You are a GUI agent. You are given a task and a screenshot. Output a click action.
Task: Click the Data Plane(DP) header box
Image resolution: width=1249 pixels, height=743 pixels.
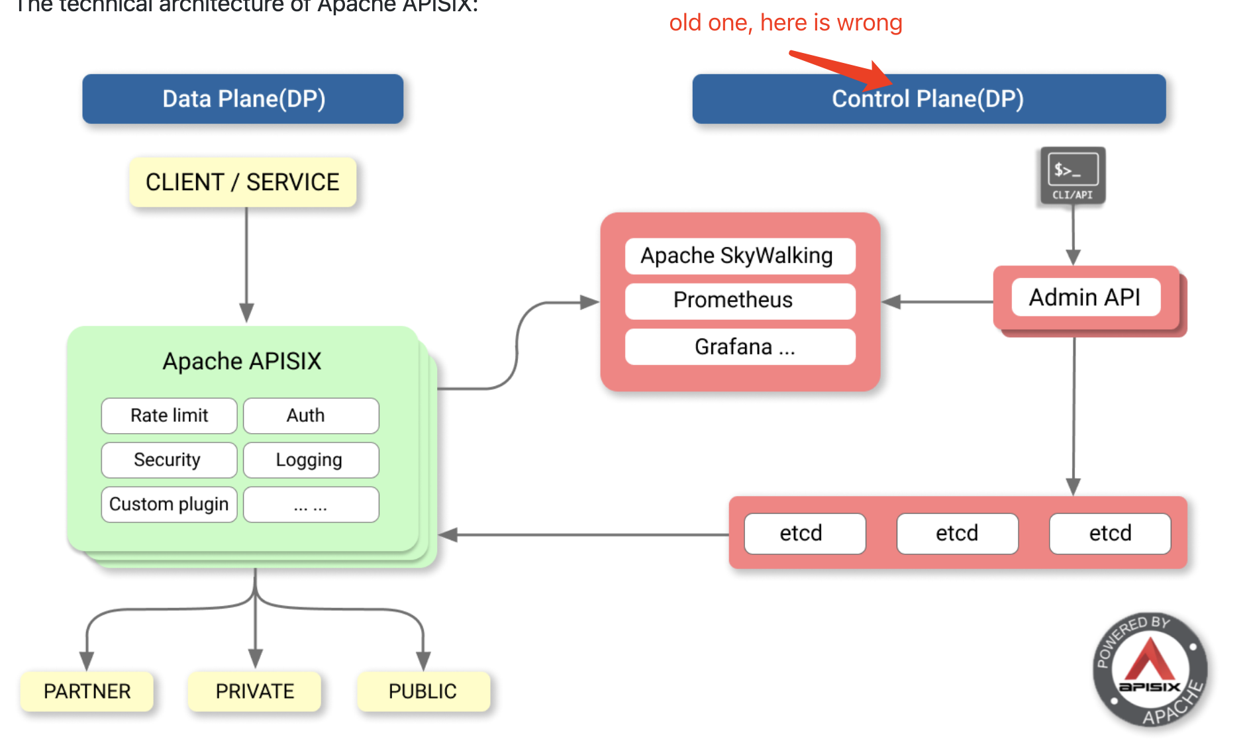click(242, 99)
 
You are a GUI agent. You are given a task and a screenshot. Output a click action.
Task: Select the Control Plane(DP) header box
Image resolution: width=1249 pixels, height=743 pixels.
click(928, 99)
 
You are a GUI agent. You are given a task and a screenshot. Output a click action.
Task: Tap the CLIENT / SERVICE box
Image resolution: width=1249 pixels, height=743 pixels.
click(242, 182)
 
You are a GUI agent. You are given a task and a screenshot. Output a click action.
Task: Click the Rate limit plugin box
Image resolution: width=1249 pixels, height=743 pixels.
click(169, 415)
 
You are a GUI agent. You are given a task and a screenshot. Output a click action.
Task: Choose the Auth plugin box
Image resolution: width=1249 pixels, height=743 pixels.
click(311, 415)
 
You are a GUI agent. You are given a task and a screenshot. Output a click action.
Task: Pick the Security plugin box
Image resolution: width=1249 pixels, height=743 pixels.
click(169, 460)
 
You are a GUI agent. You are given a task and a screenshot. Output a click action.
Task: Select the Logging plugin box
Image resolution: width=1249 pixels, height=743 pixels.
click(311, 460)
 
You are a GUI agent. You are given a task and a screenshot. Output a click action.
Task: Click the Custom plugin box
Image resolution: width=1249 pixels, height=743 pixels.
click(169, 504)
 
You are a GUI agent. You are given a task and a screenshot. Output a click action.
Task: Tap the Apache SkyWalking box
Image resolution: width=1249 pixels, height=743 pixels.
click(740, 256)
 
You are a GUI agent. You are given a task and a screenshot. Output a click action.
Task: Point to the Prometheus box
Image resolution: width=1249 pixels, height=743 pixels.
click(740, 300)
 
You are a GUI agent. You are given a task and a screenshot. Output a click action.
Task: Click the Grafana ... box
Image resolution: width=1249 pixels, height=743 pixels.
click(740, 346)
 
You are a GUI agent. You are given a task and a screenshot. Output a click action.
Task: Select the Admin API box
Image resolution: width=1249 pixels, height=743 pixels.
click(1085, 297)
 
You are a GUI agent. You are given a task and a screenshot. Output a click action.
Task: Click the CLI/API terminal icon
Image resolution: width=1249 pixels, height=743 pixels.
click(1072, 175)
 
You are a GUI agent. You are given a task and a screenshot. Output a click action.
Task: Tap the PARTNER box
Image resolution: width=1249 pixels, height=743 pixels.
click(87, 691)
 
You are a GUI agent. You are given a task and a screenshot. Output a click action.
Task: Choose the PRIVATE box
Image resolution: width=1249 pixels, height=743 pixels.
click(254, 691)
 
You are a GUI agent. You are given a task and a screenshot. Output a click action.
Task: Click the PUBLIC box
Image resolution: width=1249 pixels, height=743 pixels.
click(423, 691)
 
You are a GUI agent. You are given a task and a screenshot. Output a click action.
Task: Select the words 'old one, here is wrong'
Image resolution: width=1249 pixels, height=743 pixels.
click(785, 23)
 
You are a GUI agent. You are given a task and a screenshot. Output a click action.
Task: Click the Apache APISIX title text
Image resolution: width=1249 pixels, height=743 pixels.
click(242, 362)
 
